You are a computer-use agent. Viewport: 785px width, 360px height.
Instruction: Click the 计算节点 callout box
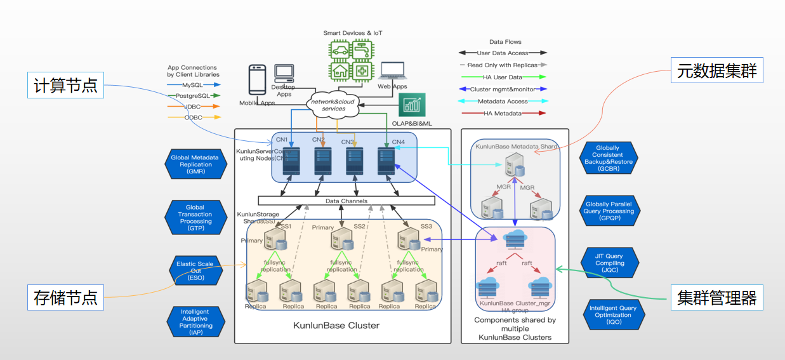65,85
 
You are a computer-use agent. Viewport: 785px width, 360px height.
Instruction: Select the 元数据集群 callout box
716,71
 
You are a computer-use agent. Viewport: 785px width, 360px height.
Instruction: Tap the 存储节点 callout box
65,297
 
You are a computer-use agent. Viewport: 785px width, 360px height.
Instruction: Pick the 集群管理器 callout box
716,297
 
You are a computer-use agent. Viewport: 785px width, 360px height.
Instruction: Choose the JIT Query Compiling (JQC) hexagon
609,263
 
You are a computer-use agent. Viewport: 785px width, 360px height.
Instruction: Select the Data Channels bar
346,201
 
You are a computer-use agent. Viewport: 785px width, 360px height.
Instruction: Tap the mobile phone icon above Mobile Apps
257,80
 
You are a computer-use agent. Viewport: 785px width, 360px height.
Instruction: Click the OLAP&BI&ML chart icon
412,105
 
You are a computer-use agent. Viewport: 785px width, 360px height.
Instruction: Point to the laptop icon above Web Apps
392,72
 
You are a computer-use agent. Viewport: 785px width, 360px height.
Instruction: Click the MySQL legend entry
194,84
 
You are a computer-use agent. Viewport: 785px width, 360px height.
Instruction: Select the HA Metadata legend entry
503,113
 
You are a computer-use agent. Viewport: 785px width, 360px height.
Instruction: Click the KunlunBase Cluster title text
336,326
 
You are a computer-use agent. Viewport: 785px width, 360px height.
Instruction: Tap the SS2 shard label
360,227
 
